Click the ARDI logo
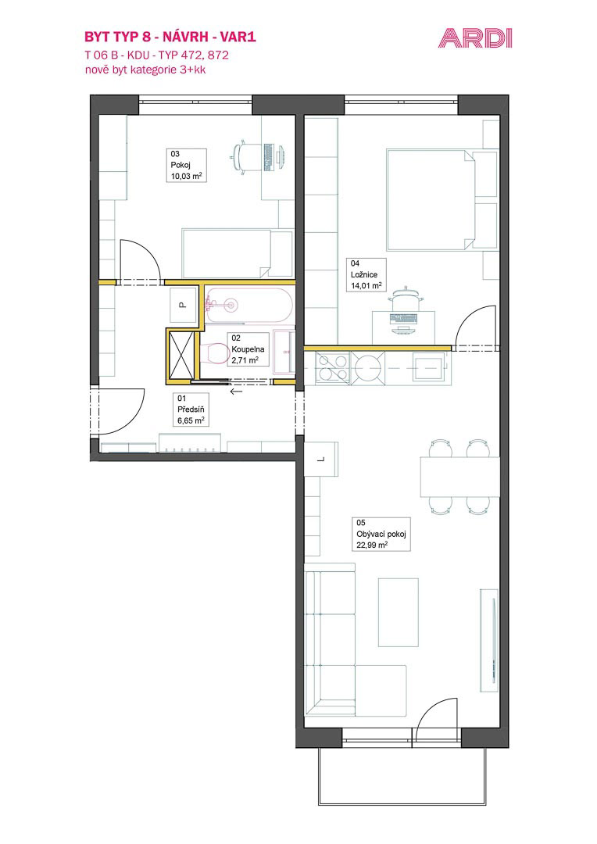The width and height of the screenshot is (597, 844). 475,39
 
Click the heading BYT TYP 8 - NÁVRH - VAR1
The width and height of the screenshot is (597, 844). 170,37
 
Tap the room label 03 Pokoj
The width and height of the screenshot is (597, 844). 186,165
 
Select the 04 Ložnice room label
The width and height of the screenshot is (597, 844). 366,274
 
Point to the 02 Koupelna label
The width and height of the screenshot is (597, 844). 248,349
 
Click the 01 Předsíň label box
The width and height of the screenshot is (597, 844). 191,409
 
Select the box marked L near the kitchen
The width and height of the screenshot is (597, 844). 321,459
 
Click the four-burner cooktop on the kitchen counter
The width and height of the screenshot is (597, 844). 332,367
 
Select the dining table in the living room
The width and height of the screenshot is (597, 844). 459,477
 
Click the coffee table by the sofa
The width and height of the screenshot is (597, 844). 399,612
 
